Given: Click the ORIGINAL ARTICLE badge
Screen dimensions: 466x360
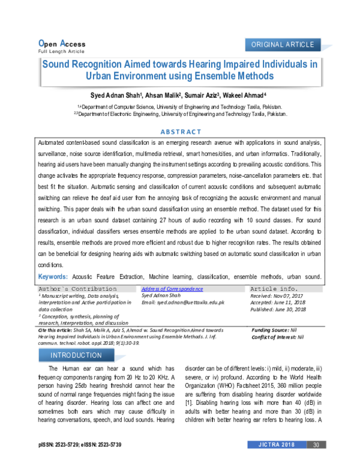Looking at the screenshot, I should point(283,45).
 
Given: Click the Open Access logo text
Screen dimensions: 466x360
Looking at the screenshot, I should point(61,43).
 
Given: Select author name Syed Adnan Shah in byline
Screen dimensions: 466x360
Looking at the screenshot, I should point(113,95).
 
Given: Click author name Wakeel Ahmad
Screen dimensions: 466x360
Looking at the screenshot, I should point(247,95).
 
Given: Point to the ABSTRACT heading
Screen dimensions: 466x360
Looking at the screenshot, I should point(180,132).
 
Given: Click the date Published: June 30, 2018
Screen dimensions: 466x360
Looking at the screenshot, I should point(278,309).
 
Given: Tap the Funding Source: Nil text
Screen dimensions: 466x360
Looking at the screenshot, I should point(274,330).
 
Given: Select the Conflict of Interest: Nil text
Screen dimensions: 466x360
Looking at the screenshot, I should point(278,337).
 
